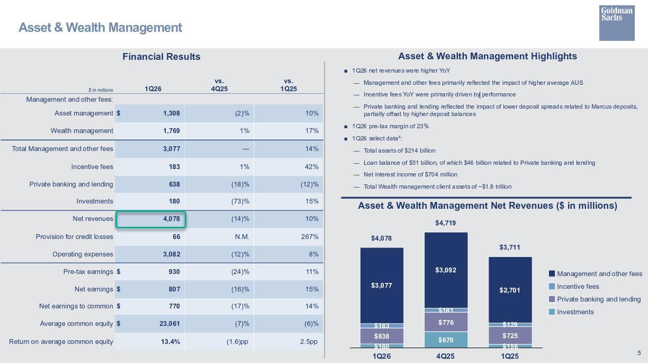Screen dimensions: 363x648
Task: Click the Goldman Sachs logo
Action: coord(617,23)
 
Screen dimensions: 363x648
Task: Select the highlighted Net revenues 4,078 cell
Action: coord(151,219)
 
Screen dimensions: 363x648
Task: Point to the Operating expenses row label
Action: coord(83,254)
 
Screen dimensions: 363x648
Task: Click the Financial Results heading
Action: coord(161,57)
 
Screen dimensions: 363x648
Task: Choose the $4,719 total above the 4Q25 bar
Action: coord(445,223)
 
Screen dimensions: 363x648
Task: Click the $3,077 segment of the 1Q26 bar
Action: coord(382,285)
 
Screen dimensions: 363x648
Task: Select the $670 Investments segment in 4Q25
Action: coord(446,340)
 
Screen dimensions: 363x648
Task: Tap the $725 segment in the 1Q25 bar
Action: coord(510,335)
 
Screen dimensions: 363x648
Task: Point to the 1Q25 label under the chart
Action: coord(510,356)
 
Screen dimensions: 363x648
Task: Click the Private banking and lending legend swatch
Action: coord(552,299)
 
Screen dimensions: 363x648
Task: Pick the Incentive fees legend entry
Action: coord(578,287)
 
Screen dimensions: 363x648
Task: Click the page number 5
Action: coord(639,353)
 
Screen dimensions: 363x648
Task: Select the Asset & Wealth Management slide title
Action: coord(100,28)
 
